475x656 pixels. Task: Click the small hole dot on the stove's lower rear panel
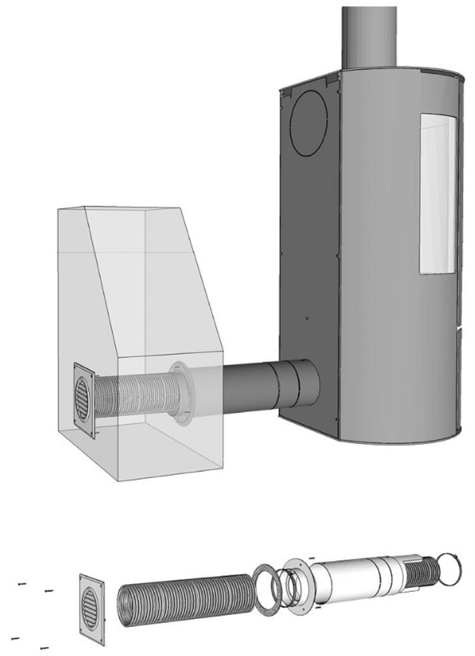point(307,318)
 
